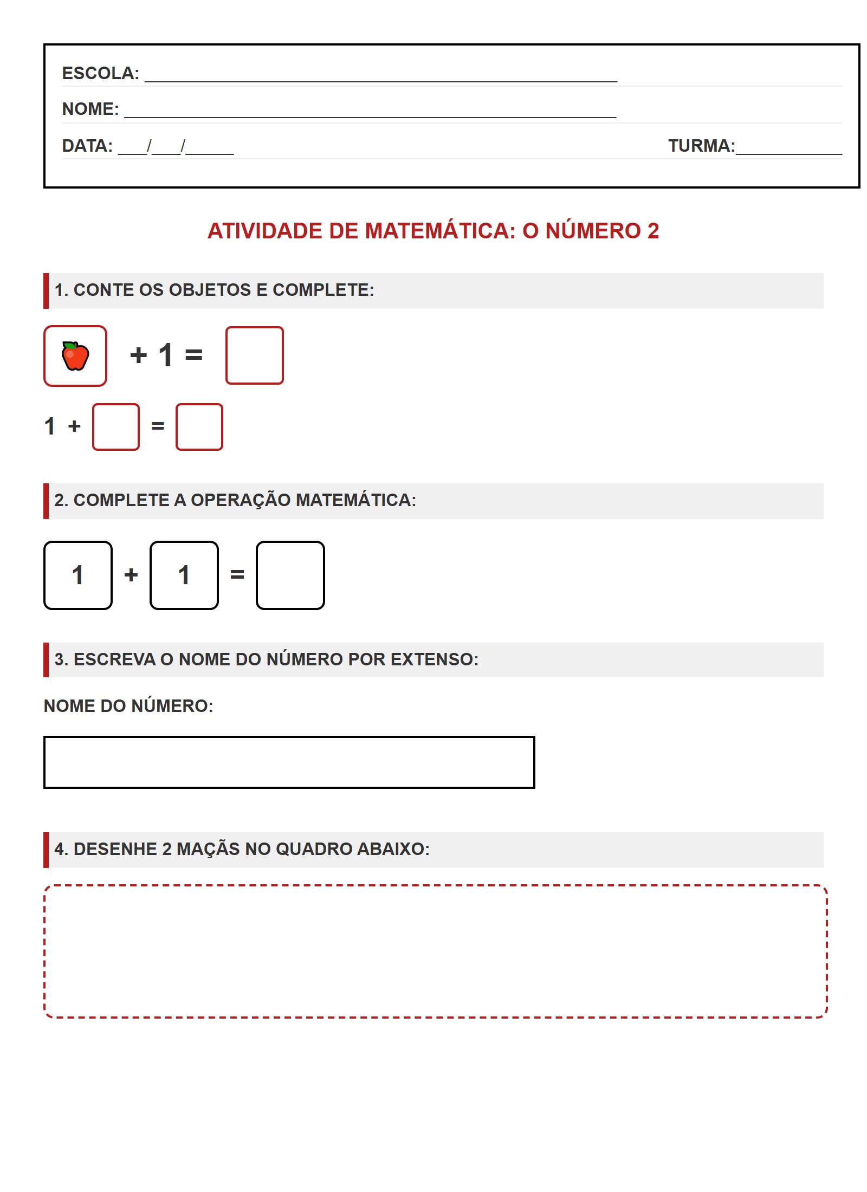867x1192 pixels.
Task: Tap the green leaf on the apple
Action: [x=69, y=345]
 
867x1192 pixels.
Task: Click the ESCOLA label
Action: [x=100, y=73]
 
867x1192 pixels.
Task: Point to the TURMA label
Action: [x=701, y=146]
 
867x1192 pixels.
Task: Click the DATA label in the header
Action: [x=87, y=146]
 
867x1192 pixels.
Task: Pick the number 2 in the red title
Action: [x=652, y=231]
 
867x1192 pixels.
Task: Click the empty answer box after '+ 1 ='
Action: [x=254, y=355]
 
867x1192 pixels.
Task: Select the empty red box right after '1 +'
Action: [x=116, y=427]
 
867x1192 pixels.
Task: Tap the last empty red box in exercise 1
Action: [x=199, y=427]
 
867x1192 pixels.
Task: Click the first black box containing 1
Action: [x=78, y=575]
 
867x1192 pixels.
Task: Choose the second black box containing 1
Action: [x=184, y=575]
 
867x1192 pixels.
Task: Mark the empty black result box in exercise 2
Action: [x=290, y=575]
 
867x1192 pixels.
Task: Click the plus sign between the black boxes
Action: [x=131, y=575]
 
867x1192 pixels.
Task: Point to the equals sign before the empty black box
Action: [x=237, y=575]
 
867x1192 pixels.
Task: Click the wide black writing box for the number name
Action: [x=289, y=762]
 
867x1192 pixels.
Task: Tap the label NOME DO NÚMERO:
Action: [x=128, y=706]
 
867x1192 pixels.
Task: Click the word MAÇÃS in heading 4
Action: [x=208, y=849]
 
